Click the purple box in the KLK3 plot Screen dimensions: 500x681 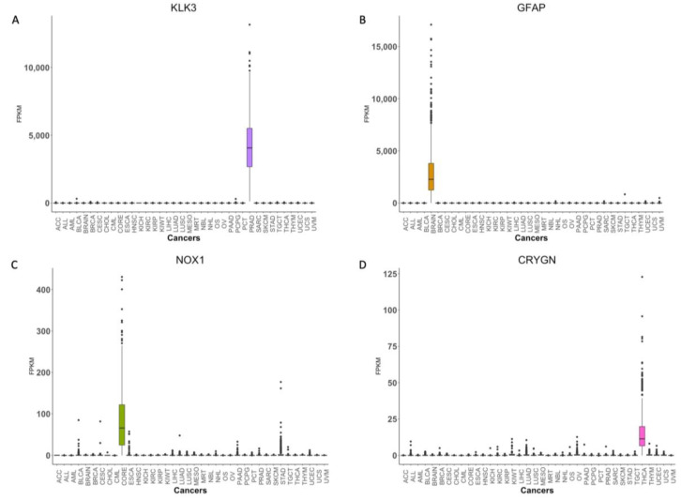pyautogui.click(x=250, y=147)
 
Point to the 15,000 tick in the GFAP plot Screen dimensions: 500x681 pyautogui.click(x=375, y=46)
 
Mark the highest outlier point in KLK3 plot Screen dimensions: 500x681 pyautogui.click(x=250, y=24)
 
